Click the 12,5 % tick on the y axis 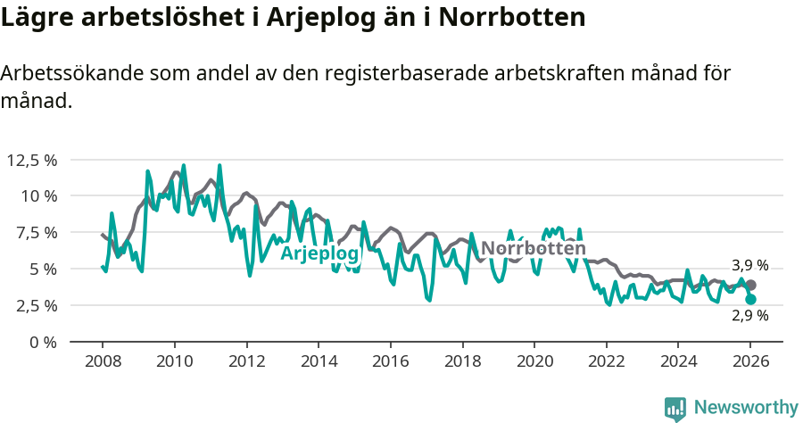[32, 160]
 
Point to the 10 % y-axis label [38, 196]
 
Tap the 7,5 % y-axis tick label [36, 232]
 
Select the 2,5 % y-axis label [36, 305]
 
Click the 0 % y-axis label [44, 342]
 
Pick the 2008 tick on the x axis [103, 361]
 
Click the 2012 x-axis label [246, 361]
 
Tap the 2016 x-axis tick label [391, 361]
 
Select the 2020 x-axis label [534, 361]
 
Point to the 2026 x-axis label [750, 361]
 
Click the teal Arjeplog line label [319, 254]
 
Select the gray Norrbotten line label [534, 249]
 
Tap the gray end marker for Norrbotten [750, 285]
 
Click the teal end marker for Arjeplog [750, 300]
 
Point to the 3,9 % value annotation [749, 265]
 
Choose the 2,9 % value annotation [749, 316]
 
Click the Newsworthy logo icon [675, 409]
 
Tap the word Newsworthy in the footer [746, 408]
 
